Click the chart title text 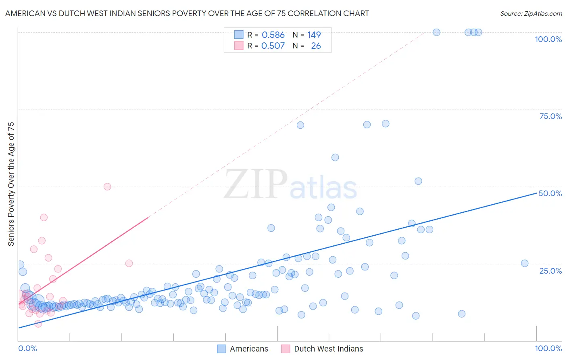coord(187,13)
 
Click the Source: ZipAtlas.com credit coord(531,13)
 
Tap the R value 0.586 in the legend coord(273,35)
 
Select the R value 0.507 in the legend coord(273,46)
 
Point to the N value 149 coord(314,35)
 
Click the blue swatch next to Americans coord(221,349)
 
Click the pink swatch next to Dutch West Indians coord(286,349)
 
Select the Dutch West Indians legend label coord(328,349)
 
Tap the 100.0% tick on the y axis coord(548,39)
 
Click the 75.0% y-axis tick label coord(550,116)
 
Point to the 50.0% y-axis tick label coord(550,193)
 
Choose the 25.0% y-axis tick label coord(550,271)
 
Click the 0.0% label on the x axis coord(27,348)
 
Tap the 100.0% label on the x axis coord(548,348)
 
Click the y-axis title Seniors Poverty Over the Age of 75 coord(11,184)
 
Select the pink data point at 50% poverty coord(107,186)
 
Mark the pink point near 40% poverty coord(44,218)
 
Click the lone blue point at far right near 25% coord(525,264)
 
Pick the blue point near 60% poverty coord(335,157)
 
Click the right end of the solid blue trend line coord(536,193)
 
